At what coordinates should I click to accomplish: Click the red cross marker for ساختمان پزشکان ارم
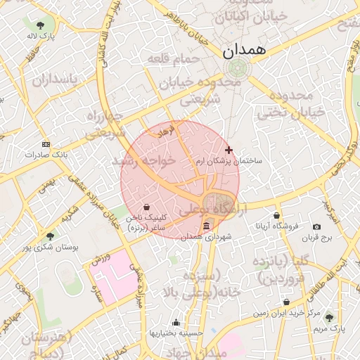tap(228, 150)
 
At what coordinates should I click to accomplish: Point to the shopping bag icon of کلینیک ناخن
tap(146, 207)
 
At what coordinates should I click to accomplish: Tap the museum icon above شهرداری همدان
tap(206, 226)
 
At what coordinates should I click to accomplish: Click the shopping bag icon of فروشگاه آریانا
tap(276, 215)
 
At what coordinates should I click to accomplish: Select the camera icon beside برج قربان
tap(316, 226)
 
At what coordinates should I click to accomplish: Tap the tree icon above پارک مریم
tap(329, 318)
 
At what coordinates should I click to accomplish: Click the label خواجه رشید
tap(147, 161)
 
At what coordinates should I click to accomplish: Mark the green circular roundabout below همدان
tap(236, 69)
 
